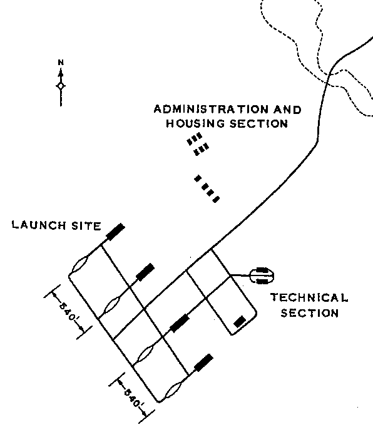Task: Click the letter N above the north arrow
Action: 61,63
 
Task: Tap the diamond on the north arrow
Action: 61,86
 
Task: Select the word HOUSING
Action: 195,123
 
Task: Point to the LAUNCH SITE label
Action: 56,225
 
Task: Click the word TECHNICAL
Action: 309,297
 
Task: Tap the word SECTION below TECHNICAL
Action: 310,313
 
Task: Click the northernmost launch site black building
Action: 115,232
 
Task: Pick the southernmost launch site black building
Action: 203,363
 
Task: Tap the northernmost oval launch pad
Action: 79,264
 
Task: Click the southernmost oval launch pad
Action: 173,389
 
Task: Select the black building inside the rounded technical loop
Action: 240,322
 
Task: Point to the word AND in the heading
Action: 287,110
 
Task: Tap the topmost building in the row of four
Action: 197,178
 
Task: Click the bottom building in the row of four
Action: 216,200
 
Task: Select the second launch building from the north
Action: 145,272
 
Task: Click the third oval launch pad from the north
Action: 145,354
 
